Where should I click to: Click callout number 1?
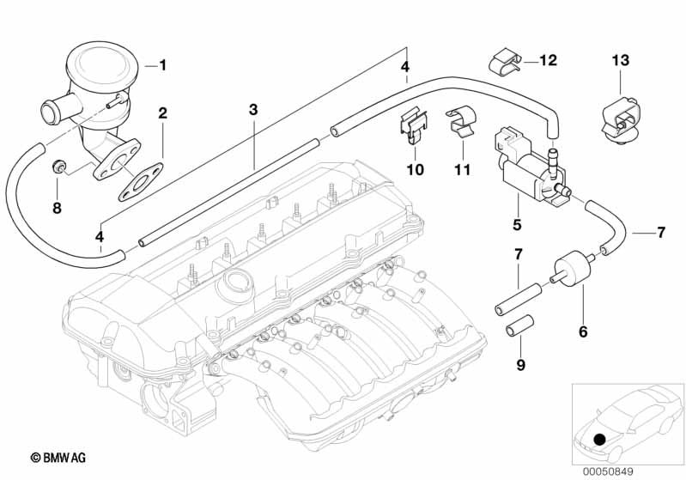163,64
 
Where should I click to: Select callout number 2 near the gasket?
162,112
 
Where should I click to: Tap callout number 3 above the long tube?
253,109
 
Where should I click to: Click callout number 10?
415,169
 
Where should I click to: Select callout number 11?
463,169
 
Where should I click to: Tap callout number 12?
549,60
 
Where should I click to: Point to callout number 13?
621,60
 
